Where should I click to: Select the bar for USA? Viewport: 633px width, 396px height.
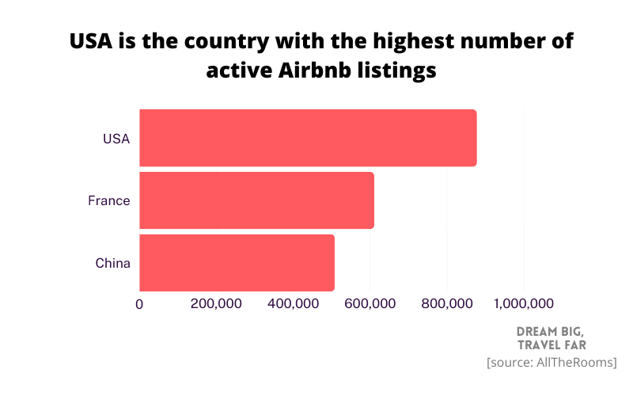point(308,138)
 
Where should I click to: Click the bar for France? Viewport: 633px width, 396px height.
point(256,200)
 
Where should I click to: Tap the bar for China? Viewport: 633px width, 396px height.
point(237,263)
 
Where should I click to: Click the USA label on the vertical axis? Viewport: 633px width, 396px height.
point(116,139)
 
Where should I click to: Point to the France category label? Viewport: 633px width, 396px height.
point(108,201)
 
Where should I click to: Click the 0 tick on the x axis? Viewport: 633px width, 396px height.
point(140,304)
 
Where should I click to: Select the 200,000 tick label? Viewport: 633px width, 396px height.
point(216,304)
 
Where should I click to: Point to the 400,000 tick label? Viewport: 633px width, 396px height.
point(294,304)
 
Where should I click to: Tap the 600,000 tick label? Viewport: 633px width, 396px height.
point(370,304)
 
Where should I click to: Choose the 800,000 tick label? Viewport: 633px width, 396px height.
point(447,304)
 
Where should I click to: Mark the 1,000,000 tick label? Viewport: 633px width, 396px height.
point(523,304)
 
